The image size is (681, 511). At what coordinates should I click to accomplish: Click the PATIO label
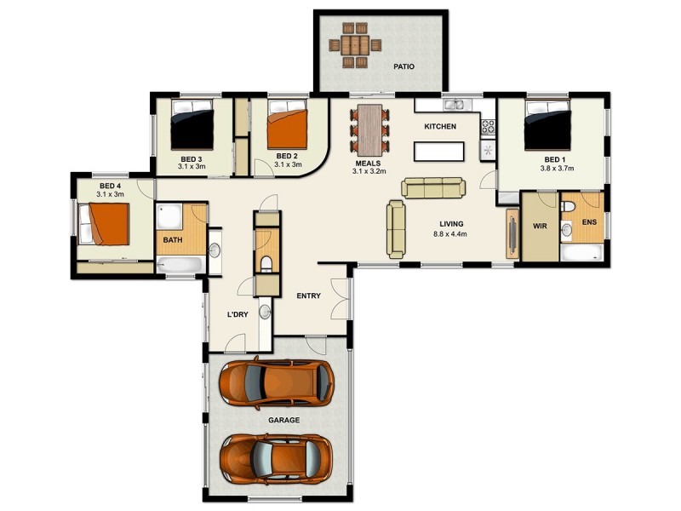(x=403, y=66)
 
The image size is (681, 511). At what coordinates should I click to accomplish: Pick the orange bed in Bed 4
(x=106, y=224)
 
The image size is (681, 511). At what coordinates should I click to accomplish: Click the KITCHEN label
(x=440, y=126)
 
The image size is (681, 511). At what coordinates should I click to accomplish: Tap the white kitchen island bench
(x=439, y=152)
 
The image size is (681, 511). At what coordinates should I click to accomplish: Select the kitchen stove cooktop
(x=489, y=128)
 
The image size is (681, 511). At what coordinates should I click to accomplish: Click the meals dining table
(x=370, y=126)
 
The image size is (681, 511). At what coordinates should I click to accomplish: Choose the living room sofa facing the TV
(x=396, y=228)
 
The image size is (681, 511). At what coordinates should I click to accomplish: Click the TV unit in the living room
(x=512, y=233)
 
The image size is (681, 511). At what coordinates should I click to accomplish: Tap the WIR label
(x=538, y=227)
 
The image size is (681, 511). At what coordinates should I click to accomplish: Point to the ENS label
(x=588, y=223)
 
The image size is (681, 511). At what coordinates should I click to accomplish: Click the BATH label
(x=173, y=240)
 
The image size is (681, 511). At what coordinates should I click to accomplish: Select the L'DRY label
(x=237, y=314)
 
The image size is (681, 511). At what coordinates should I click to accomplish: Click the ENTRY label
(x=308, y=296)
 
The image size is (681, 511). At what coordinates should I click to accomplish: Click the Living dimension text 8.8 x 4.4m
(x=451, y=233)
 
